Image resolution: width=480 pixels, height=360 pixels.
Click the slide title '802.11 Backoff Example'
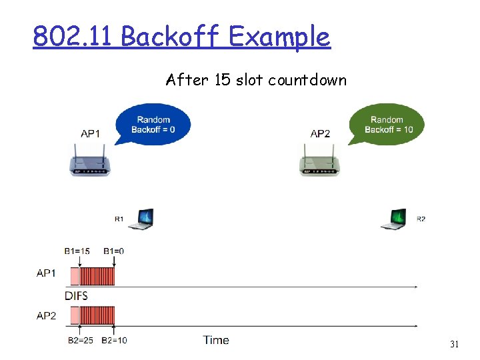[x=181, y=37]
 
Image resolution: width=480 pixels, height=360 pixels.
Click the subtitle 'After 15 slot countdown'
[x=256, y=81]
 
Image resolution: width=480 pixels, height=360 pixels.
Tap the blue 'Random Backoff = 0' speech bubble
[x=153, y=124]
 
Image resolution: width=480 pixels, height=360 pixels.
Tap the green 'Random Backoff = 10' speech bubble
[x=388, y=124]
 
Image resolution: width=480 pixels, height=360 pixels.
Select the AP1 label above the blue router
[x=90, y=133]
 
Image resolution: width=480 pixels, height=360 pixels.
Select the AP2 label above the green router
[x=320, y=133]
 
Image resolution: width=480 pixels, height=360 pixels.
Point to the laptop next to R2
[x=393, y=218]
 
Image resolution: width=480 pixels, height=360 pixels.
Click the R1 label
[x=119, y=219]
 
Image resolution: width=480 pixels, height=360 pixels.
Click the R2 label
[x=421, y=219]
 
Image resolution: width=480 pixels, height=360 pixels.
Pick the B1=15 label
[x=77, y=251]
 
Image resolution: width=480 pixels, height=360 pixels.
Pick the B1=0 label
[x=114, y=251]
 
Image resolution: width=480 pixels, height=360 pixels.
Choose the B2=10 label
[x=115, y=340]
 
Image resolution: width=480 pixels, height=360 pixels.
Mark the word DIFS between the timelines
[x=76, y=295]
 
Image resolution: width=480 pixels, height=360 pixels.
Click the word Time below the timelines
[x=216, y=340]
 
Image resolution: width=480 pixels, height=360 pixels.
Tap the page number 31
[x=455, y=345]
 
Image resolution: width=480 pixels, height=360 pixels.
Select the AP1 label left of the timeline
[x=46, y=273]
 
